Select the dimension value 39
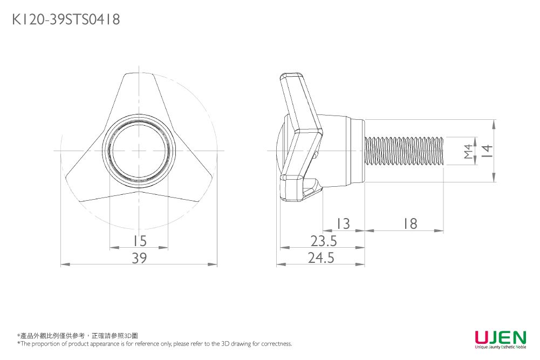coord(139,258)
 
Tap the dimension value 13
coord(343,223)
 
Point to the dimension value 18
coord(410,223)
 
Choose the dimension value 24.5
coord(322,258)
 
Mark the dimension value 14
coord(487,151)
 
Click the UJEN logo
coord(500,337)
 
